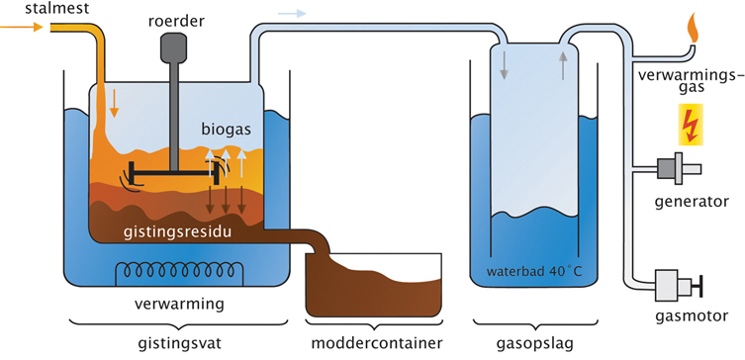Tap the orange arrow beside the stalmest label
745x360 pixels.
tap(21, 27)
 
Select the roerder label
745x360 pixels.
tap(175, 22)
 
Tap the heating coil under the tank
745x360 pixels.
tap(180, 271)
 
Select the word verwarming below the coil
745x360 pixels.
tap(179, 304)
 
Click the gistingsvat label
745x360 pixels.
tap(181, 343)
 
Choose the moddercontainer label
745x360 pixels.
tap(376, 343)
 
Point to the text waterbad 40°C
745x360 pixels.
tap(533, 273)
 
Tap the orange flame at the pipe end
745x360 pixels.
tap(695, 28)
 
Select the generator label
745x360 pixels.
tap(692, 202)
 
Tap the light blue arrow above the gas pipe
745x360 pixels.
tap(291, 13)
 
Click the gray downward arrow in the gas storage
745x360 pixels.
tap(504, 66)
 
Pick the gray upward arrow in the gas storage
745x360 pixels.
tap(563, 65)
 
